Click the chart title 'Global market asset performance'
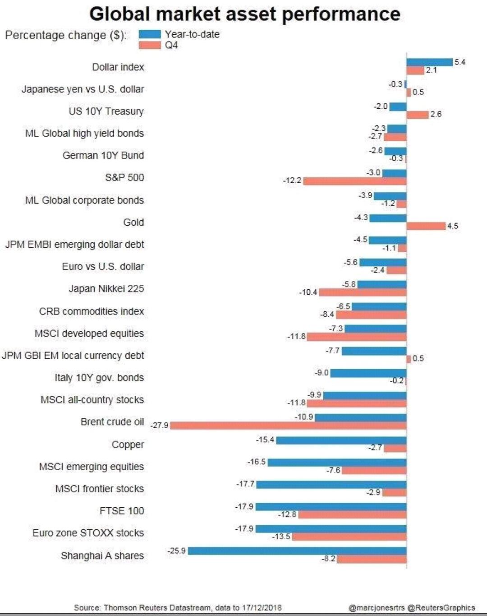pos(244,14)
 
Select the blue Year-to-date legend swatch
pos(150,34)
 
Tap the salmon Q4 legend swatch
pos(150,45)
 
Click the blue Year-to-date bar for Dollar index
pos(429,62)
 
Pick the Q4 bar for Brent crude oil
pos(288,425)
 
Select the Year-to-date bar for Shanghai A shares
pos(297,551)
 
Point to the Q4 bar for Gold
pos(426,226)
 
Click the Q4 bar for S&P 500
pos(355,181)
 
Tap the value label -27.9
pos(159,425)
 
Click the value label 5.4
pos(460,62)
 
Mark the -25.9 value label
pos(176,551)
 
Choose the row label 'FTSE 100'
pos(122,511)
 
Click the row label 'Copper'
pos(128,445)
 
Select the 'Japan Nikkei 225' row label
pos(106,289)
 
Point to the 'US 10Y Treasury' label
pos(106,111)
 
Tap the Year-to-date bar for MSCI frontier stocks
pos(331,485)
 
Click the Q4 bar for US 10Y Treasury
pos(418,115)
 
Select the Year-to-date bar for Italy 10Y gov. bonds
pos(368,373)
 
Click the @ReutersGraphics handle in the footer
pos(441,607)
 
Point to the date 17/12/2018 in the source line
pos(262,607)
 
